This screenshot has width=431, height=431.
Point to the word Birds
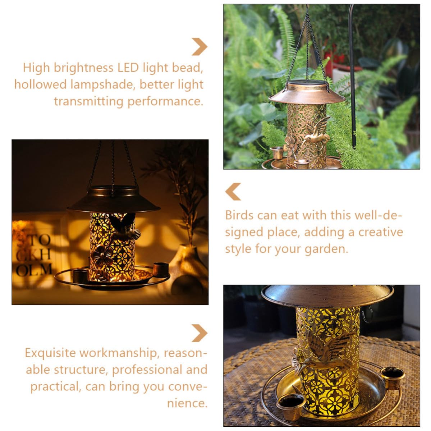(239, 215)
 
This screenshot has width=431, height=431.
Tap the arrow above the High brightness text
(200, 47)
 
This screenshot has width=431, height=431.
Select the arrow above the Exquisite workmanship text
(200, 333)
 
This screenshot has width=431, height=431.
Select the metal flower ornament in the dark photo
(102, 256)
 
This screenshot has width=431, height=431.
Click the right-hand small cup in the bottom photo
(393, 377)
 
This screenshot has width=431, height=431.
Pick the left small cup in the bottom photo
(291, 406)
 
